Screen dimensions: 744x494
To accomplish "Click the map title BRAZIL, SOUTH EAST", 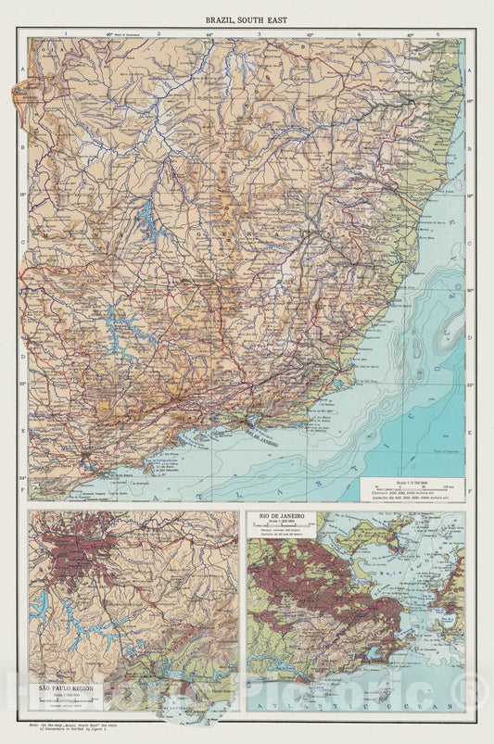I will click(247, 19).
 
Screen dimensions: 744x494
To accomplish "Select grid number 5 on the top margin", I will click(451, 33).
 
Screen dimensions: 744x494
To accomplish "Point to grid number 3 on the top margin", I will click(259, 33).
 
